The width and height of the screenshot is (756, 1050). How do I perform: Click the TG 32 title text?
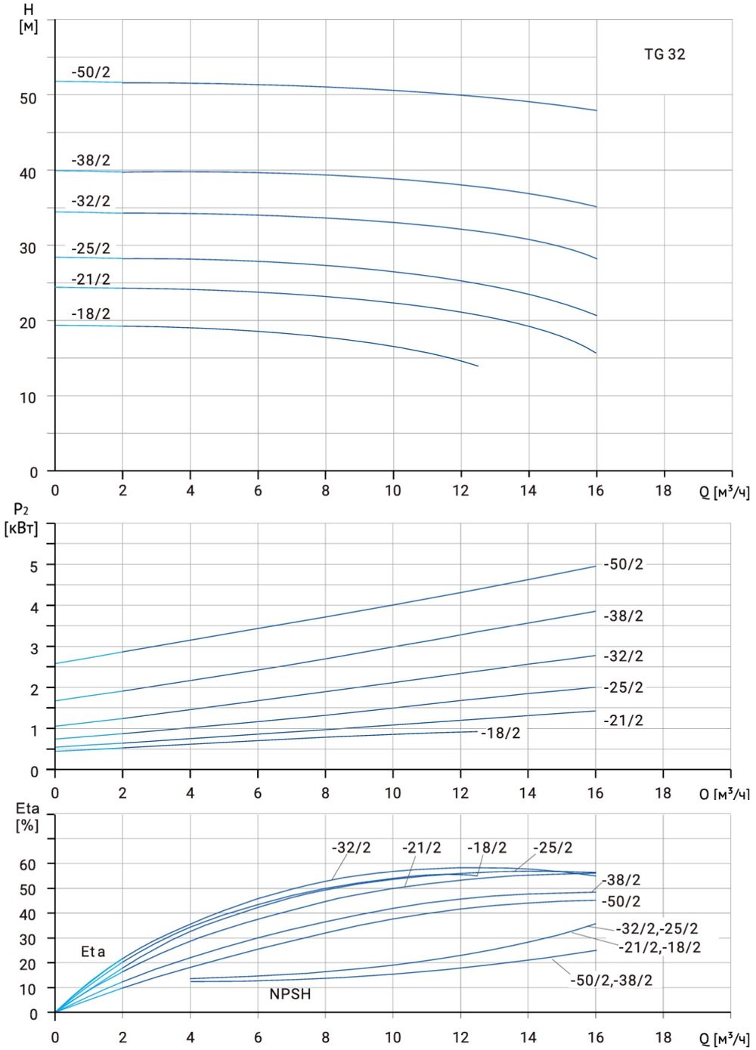point(665,54)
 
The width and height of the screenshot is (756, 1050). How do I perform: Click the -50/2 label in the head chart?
point(91,73)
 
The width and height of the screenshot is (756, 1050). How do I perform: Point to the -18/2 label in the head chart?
point(91,313)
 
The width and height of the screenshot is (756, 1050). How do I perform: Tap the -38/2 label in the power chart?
point(623,616)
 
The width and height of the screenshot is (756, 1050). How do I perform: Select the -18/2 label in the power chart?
point(500,733)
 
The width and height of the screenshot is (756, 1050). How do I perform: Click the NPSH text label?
point(290,994)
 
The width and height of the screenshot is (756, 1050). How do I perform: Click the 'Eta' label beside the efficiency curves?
point(93,952)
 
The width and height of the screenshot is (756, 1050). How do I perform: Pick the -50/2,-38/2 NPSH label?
point(612,981)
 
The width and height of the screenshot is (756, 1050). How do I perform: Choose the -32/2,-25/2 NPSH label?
point(657,928)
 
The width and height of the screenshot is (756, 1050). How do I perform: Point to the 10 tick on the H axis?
point(28,397)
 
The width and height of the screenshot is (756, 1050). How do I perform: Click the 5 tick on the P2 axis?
point(33,565)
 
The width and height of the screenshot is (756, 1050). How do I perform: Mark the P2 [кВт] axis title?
point(20,519)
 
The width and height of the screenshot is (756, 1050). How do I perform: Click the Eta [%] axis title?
point(27,817)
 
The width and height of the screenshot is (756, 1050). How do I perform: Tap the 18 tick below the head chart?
point(663,490)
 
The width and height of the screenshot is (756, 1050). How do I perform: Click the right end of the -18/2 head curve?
point(478,366)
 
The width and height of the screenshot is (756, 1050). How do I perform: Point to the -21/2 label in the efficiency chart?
point(421,848)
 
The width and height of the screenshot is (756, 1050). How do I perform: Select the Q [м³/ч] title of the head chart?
point(723,493)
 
